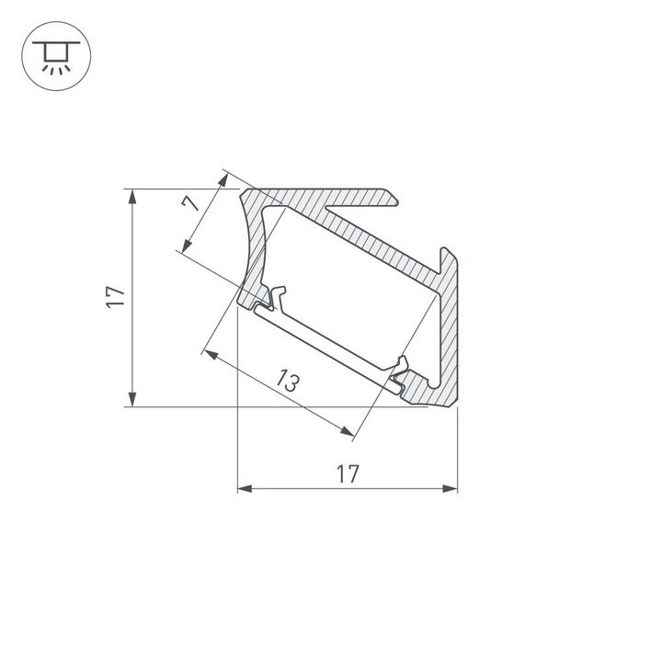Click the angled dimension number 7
[194, 204]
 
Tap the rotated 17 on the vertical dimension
[115, 296]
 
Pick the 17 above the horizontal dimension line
[347, 474]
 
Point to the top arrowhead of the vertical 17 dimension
[134, 195]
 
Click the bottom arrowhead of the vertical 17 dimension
[134, 399]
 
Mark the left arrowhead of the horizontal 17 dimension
[244, 488]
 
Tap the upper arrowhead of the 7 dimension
[225, 177]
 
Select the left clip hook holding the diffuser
[278, 297]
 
